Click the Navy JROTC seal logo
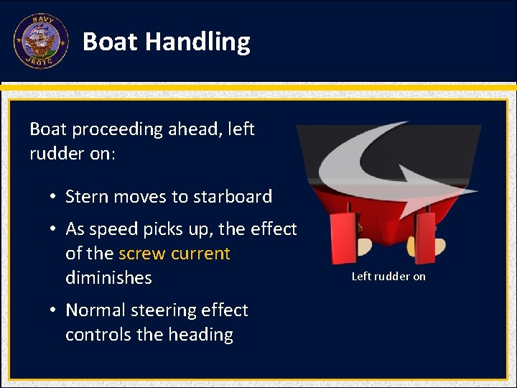(x=41, y=42)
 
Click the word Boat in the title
(x=110, y=42)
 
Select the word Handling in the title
(x=197, y=42)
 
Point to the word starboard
(x=233, y=197)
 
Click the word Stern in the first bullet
(x=86, y=197)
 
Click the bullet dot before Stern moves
(x=54, y=198)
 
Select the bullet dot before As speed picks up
(x=54, y=230)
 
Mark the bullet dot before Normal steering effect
(x=54, y=311)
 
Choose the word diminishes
(x=108, y=278)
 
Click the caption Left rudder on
(x=388, y=277)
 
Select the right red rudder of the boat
(x=426, y=236)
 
